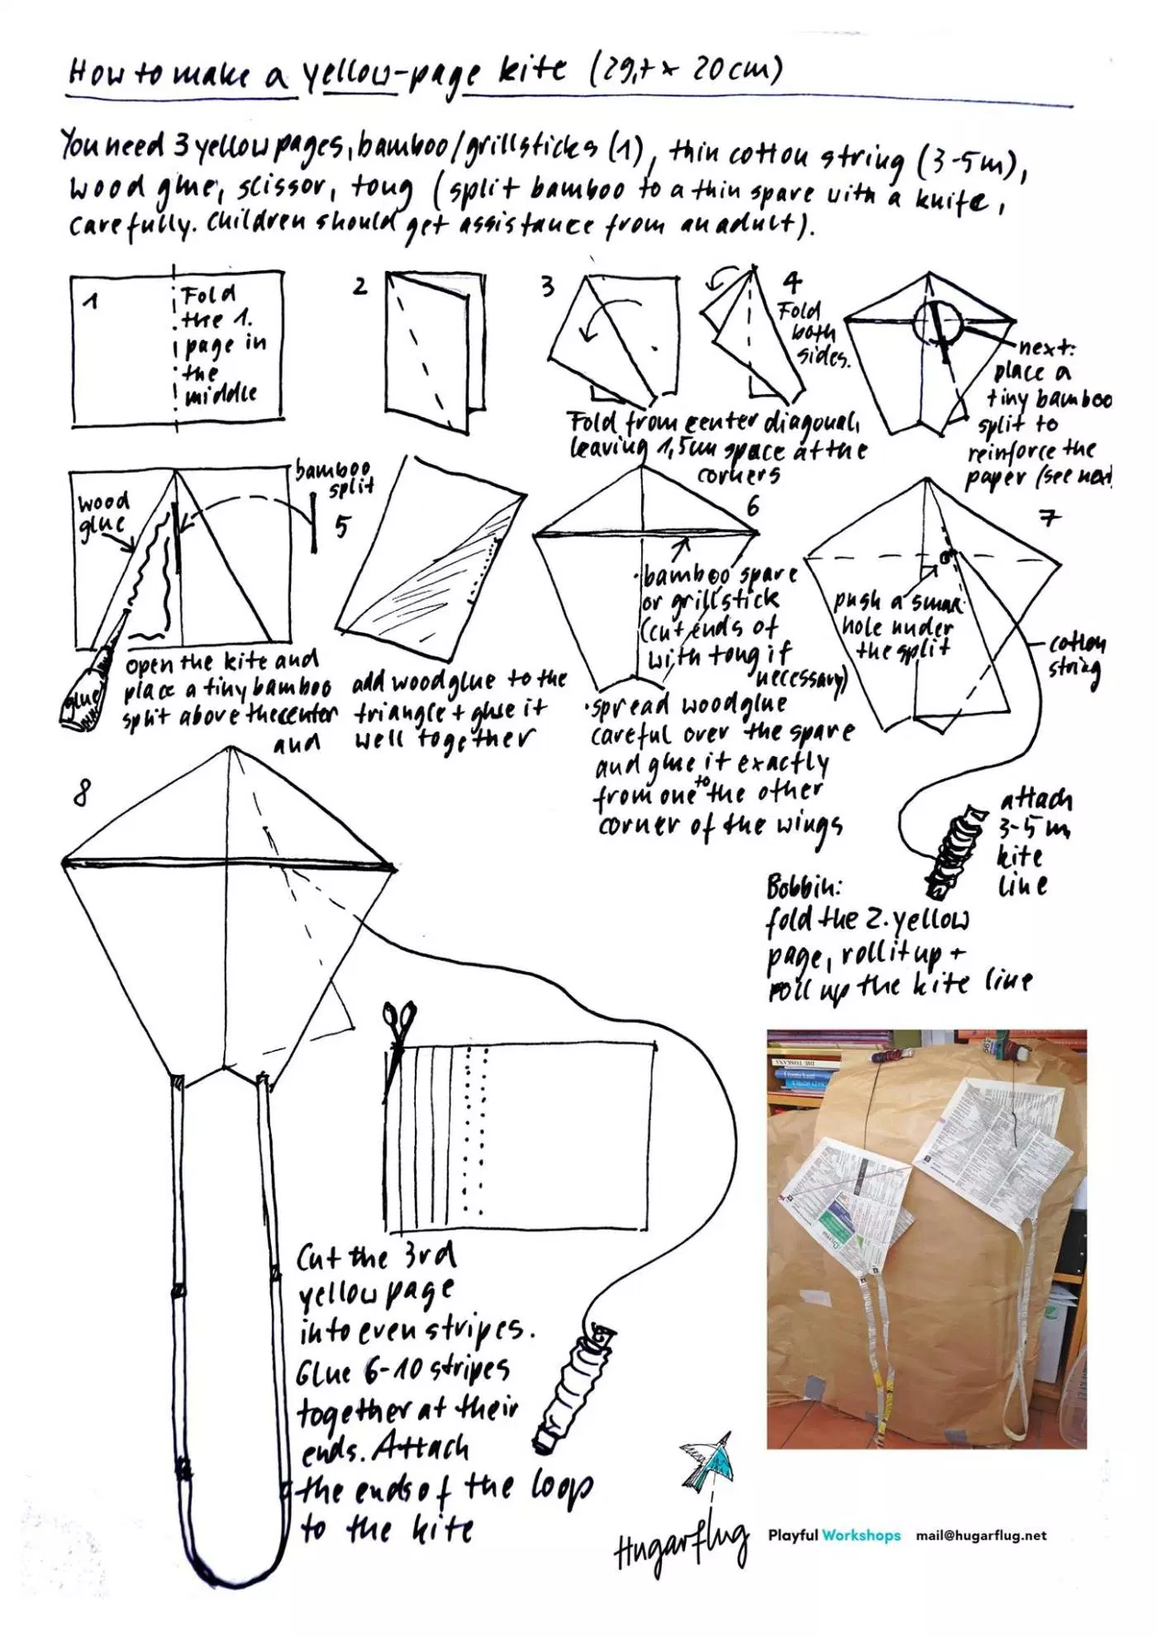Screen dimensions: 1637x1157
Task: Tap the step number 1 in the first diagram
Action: (x=90, y=302)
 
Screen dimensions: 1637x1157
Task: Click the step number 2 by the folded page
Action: (x=359, y=287)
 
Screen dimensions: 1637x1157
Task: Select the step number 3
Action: (x=547, y=287)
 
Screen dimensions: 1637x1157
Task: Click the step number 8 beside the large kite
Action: (x=81, y=794)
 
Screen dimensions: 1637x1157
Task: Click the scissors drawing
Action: (x=398, y=1033)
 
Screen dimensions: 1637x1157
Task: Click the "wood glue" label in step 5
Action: (x=102, y=513)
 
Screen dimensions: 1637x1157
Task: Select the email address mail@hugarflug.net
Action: (x=980, y=1535)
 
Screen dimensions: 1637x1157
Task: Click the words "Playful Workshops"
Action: (x=834, y=1535)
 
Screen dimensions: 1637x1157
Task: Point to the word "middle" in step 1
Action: (x=221, y=393)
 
